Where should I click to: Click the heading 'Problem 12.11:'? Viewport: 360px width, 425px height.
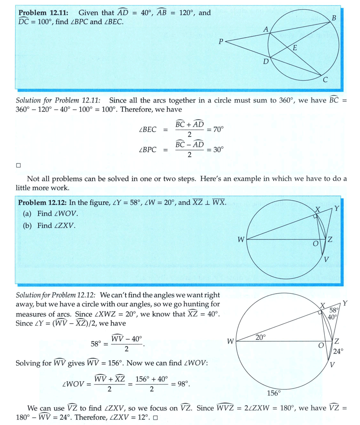43,13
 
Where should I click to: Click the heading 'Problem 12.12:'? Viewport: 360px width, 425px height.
42,203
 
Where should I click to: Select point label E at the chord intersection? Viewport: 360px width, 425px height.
294,48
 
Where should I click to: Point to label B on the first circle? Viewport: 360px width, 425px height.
334,18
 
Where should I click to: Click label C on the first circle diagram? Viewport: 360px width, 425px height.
325,80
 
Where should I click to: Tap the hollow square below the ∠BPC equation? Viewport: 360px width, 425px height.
18,165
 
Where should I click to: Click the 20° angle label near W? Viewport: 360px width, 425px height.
260,337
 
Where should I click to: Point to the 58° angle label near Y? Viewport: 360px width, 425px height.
334,310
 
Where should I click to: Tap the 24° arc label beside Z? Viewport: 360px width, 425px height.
338,351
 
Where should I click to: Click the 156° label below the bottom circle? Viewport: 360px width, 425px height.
274,393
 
